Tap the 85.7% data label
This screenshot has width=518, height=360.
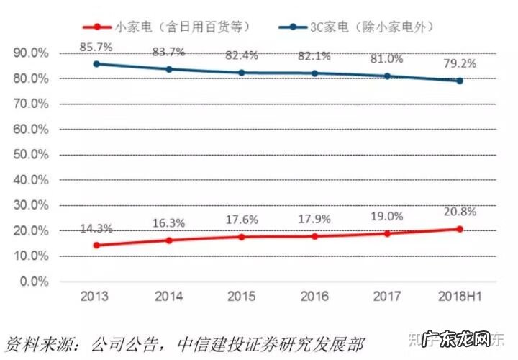(x=97, y=47)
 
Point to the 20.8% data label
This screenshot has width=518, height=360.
(x=458, y=213)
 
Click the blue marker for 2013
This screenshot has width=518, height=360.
(x=97, y=63)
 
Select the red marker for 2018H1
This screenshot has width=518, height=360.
(x=459, y=229)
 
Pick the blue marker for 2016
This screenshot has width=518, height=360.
(x=314, y=73)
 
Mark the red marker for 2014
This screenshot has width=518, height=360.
(x=170, y=240)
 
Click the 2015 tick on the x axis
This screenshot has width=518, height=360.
(x=242, y=297)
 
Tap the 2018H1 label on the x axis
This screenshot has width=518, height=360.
(x=458, y=297)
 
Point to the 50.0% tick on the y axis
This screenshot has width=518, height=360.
(x=31, y=155)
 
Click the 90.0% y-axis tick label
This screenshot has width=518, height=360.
(x=31, y=53)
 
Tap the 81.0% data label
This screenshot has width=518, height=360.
(x=387, y=61)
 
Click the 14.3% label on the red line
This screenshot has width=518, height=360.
(x=97, y=229)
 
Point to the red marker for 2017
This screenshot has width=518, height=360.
(x=387, y=233)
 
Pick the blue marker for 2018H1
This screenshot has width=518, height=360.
(x=459, y=81)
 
